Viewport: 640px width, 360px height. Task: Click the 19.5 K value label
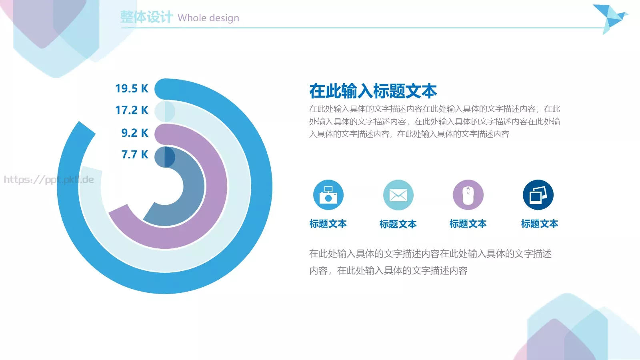tap(132, 88)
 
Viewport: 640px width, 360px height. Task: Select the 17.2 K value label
tap(132, 110)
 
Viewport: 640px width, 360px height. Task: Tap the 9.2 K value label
tap(135, 133)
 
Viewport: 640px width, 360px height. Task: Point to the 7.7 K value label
tap(135, 154)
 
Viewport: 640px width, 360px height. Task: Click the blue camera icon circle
tap(328, 195)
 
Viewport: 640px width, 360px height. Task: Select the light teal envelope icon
tap(398, 195)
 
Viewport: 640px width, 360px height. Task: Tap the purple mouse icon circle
tap(468, 195)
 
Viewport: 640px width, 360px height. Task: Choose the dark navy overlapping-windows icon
tap(538, 195)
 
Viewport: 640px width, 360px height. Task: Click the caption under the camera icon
tap(328, 224)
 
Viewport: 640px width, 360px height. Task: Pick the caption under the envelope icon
tap(398, 224)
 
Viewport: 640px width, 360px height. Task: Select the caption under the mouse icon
tap(468, 224)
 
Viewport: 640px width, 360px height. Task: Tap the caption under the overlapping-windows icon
tap(540, 224)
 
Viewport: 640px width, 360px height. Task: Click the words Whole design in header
tap(208, 18)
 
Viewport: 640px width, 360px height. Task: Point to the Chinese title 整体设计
tap(146, 17)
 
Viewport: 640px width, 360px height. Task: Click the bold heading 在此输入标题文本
tap(373, 91)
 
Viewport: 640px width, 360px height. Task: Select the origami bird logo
tap(610, 18)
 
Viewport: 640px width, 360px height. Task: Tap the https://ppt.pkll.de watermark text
tap(49, 180)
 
